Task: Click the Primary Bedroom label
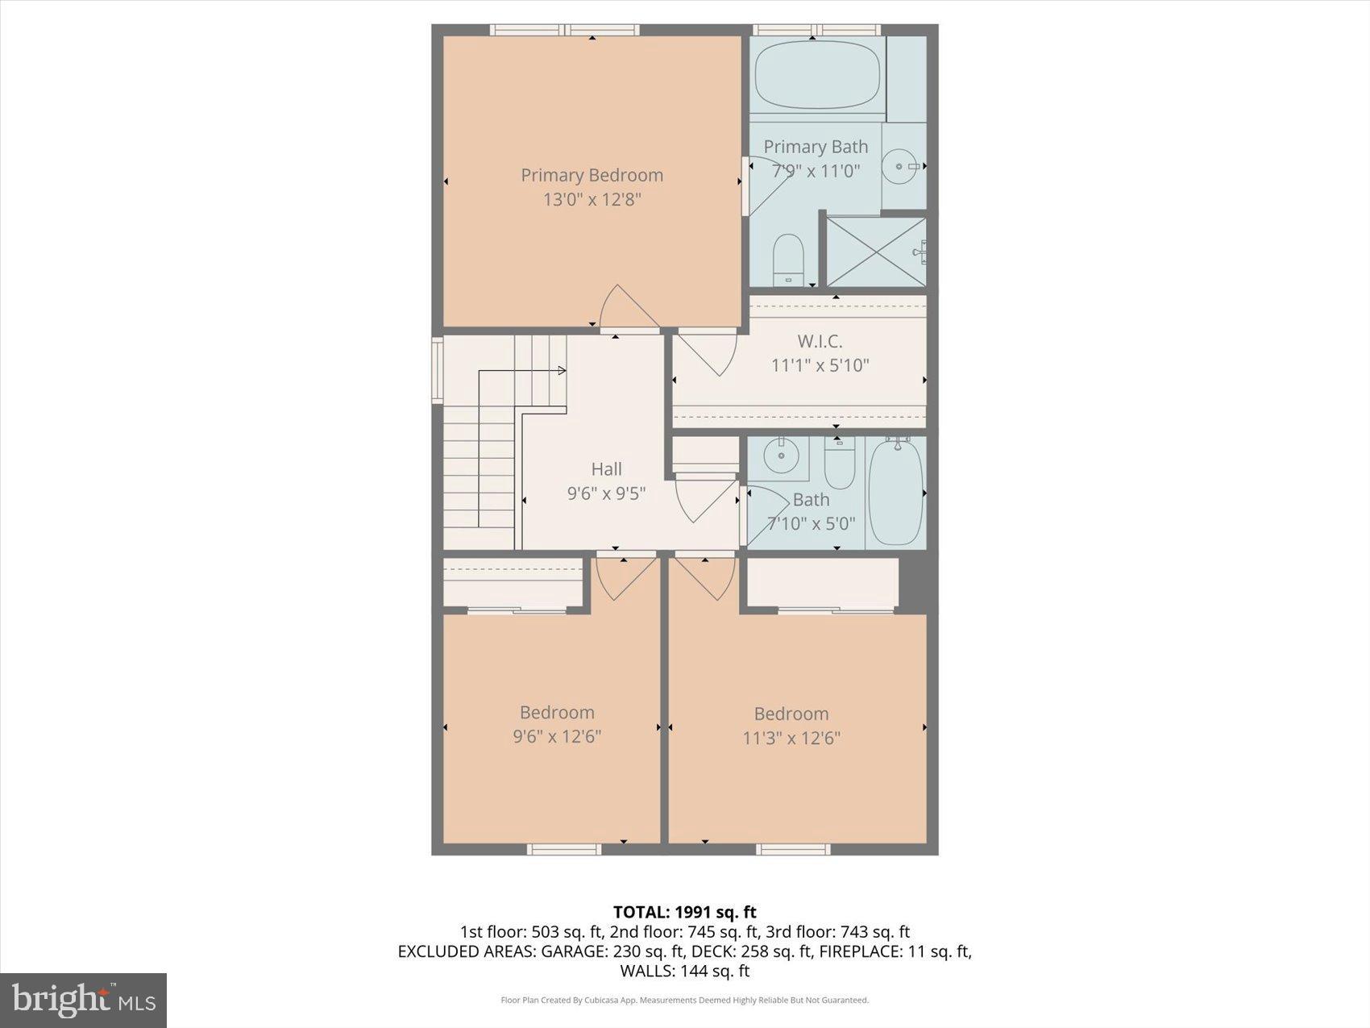592,175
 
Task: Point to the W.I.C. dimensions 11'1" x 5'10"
820,365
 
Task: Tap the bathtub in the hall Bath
895,492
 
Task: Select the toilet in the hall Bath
839,464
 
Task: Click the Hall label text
606,468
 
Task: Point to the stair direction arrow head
562,371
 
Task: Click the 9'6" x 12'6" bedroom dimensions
557,736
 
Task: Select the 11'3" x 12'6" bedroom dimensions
791,738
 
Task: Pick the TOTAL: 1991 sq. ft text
684,912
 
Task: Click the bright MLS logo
83,1000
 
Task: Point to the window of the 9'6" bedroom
564,849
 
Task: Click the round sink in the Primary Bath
897,166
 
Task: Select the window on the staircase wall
437,370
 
